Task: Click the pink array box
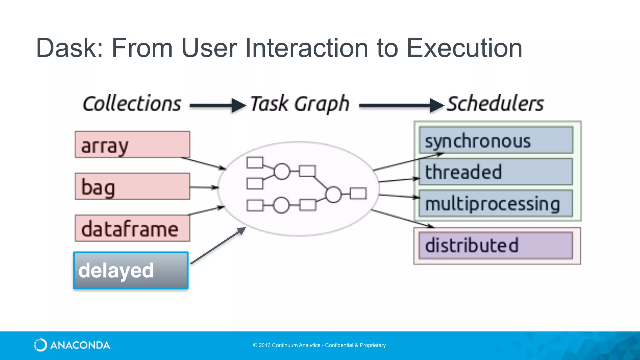pos(132,144)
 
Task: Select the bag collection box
pos(132,186)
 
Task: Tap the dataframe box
pos(132,228)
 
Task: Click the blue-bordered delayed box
pos(131,270)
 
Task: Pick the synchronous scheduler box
pos(496,140)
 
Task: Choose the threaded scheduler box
pos(496,172)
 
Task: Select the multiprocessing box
pos(496,203)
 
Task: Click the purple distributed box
pos(496,245)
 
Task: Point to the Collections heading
pos(132,104)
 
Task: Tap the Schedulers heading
pos(495,104)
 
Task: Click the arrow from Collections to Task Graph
pos(217,106)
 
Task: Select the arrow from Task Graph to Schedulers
pos(401,106)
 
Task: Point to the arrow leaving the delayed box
pos(218,246)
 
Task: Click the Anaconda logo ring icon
pos(40,345)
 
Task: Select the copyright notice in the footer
pos(319,345)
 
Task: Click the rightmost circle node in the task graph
pos(333,194)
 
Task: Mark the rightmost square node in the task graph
pos(358,193)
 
